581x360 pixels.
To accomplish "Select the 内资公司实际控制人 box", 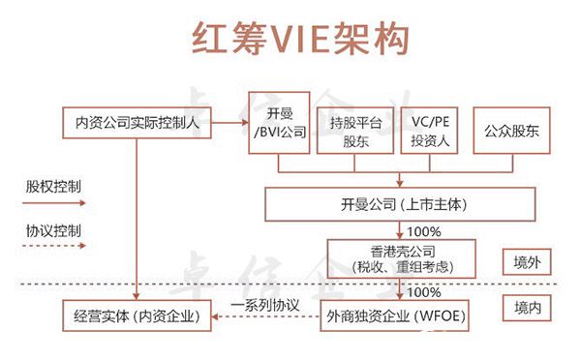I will [x=138, y=124].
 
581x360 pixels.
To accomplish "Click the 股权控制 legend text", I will [x=53, y=184].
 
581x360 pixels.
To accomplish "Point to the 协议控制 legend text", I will [x=53, y=231].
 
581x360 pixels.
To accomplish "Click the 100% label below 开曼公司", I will [x=423, y=231].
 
